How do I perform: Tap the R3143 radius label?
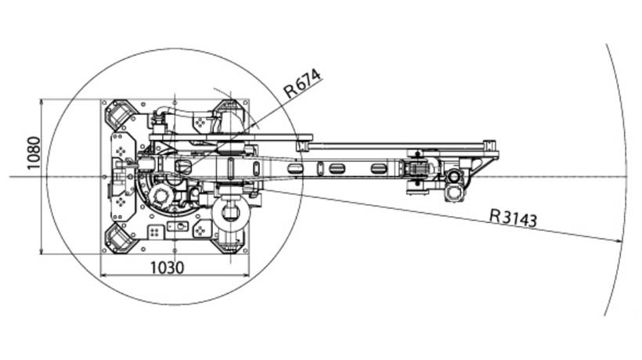point(513,218)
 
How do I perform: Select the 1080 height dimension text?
point(34,153)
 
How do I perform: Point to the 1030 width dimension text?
point(168,268)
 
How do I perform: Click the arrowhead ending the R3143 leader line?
point(619,241)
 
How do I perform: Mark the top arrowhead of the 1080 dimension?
point(41,103)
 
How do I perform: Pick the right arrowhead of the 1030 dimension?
point(245,275)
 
